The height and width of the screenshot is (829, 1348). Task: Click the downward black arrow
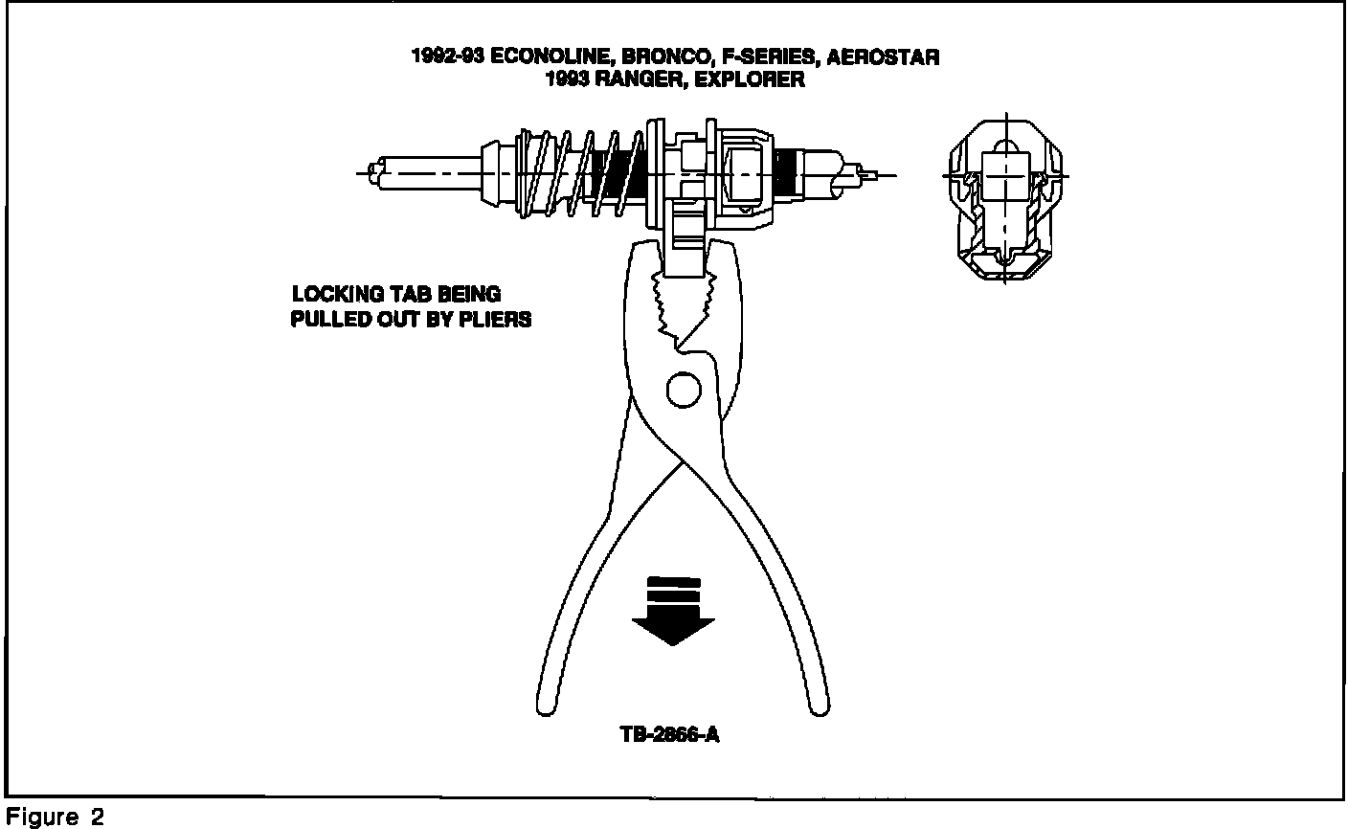point(673,613)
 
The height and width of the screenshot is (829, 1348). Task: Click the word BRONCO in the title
point(653,57)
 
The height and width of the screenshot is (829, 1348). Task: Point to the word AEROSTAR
point(882,57)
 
